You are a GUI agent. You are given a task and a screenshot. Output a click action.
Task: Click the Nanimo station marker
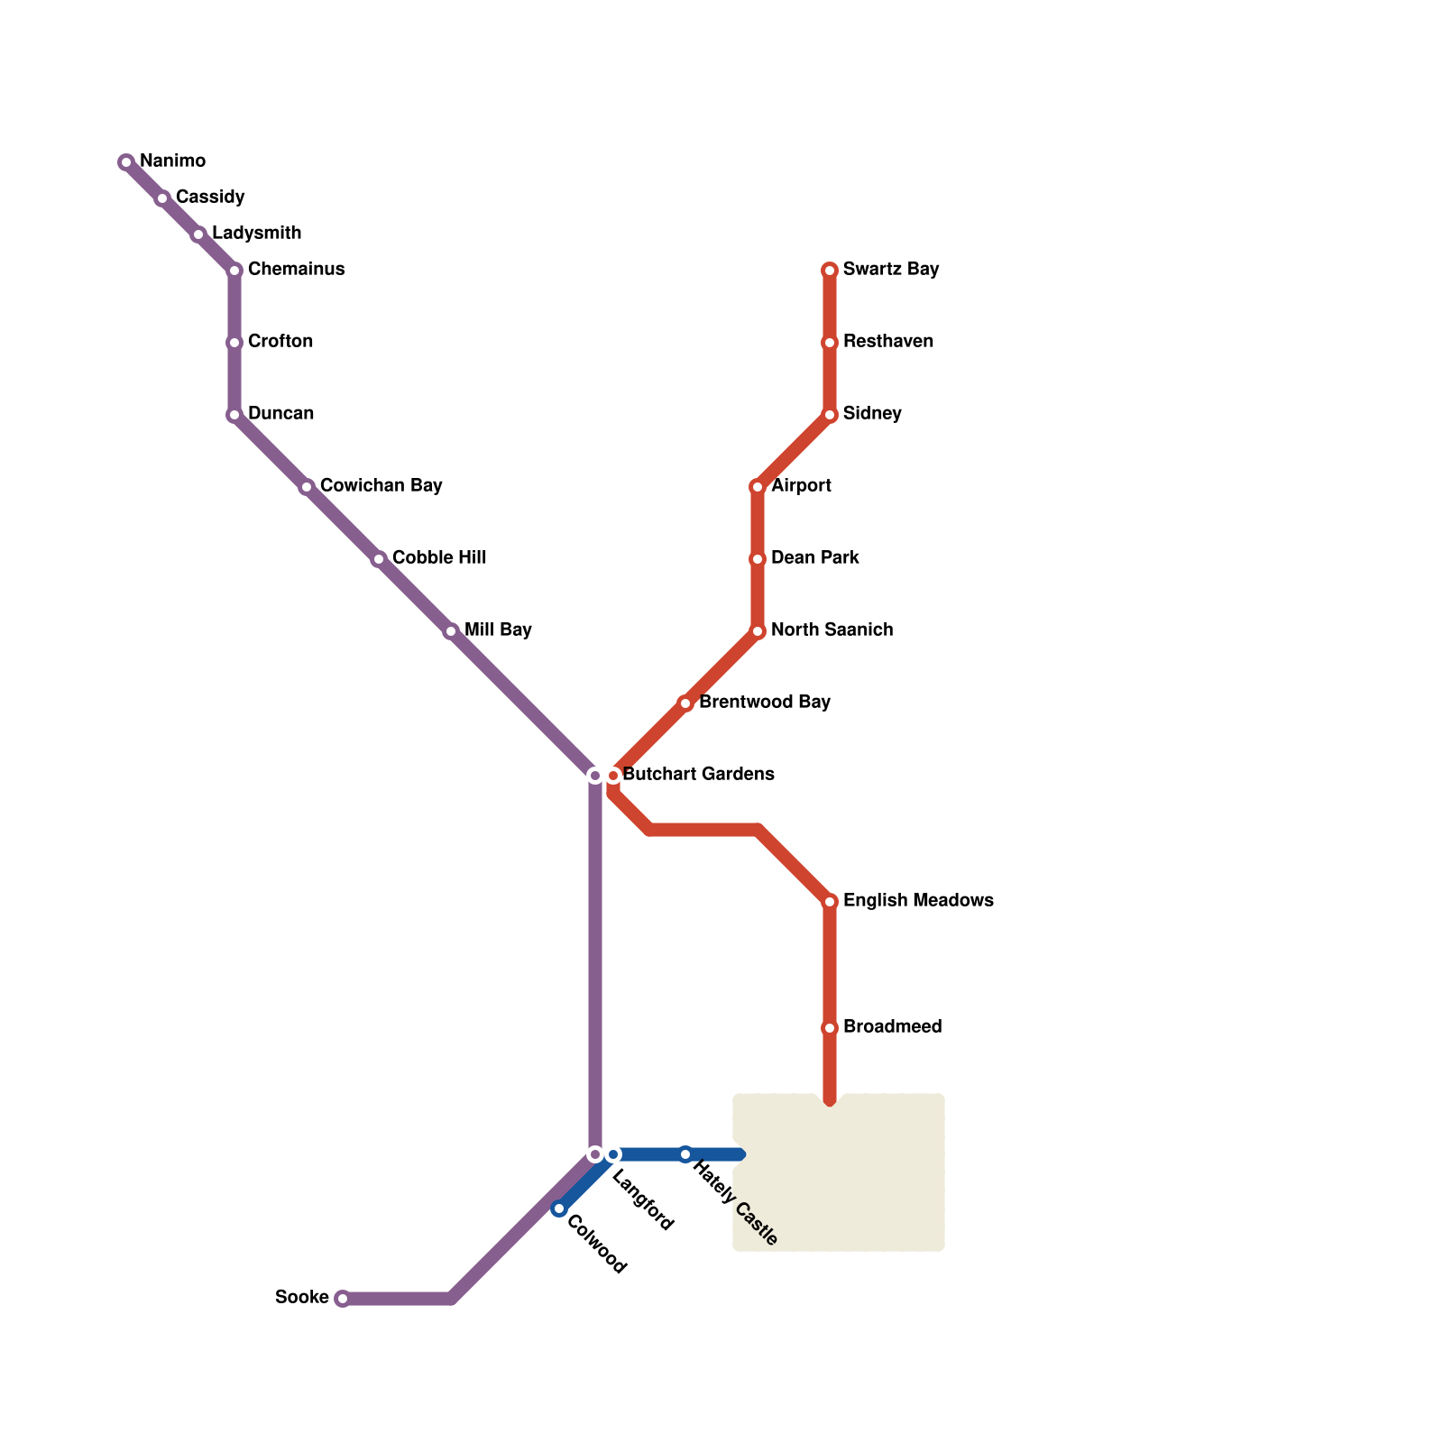[x=126, y=162]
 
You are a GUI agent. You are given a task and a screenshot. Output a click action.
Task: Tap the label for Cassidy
[x=209, y=197]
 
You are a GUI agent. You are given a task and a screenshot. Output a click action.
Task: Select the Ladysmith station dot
[x=198, y=234]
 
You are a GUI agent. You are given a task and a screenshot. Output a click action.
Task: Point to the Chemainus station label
[x=296, y=269]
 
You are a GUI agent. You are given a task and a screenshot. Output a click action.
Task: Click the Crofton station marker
[x=234, y=343]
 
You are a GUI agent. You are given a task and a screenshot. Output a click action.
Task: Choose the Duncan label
[x=280, y=413]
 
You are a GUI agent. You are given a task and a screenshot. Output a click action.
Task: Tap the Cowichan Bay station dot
[x=307, y=487]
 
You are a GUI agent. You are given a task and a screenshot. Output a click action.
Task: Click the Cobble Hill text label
[x=439, y=557]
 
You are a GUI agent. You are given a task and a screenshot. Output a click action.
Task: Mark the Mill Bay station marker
[x=451, y=631]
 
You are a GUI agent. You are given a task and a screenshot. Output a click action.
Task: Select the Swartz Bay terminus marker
[x=830, y=271]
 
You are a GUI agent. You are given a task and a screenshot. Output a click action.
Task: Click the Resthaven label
[x=887, y=341]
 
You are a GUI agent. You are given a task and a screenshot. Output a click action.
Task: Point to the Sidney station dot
[x=830, y=415]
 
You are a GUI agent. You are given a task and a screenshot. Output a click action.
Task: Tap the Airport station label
[x=801, y=485]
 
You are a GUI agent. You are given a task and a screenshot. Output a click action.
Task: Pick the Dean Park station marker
[x=758, y=559]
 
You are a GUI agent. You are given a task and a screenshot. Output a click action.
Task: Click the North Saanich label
[x=832, y=630]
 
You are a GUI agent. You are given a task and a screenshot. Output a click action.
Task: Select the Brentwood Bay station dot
[x=685, y=703]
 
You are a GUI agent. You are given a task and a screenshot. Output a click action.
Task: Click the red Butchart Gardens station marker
[x=613, y=776]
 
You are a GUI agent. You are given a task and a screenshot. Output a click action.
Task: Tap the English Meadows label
[x=918, y=900]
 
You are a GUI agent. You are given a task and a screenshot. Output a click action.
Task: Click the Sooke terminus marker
[x=342, y=1299]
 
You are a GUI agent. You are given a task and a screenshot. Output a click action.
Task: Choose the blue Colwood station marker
[x=559, y=1209]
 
